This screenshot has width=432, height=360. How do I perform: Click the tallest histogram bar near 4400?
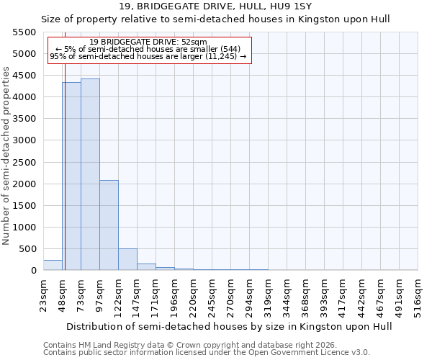point(90,174)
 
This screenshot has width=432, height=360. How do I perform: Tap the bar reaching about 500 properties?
point(127,259)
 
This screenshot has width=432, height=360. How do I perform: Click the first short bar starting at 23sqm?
point(53,265)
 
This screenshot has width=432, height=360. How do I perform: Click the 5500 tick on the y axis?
point(26,32)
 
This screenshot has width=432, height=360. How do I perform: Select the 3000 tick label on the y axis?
point(26,140)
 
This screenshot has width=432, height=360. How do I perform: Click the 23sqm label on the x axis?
point(43,293)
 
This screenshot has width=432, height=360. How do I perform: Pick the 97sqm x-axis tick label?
point(99,293)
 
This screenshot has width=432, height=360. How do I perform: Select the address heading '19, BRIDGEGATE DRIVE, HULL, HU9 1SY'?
point(215,6)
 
